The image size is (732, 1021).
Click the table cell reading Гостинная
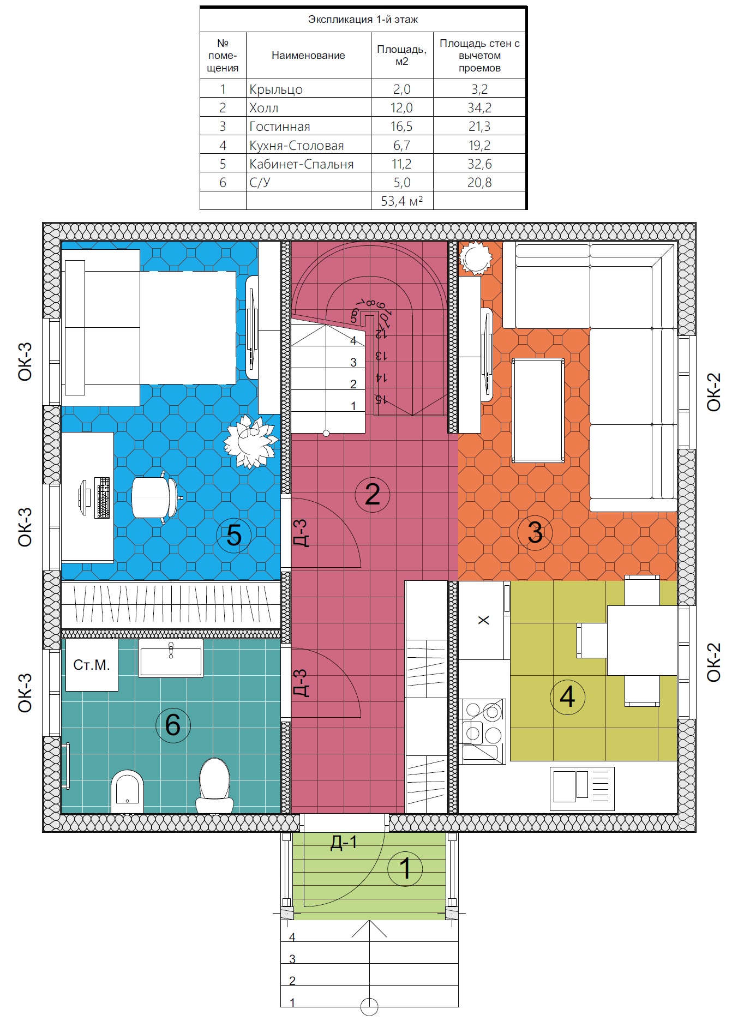click(x=279, y=127)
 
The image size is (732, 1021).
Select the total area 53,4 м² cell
click(x=402, y=201)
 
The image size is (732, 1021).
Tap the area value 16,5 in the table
click(x=401, y=127)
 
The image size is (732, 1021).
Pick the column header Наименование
click(x=308, y=55)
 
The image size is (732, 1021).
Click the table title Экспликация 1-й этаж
click(x=363, y=20)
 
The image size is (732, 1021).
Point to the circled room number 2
click(x=372, y=494)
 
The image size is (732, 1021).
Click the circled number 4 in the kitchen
click(x=567, y=696)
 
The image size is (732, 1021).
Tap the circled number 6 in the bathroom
click(x=173, y=725)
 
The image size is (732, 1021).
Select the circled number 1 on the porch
click(x=405, y=868)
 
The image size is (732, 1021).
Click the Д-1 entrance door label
click(x=344, y=843)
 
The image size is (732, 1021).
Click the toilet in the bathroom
click(x=214, y=785)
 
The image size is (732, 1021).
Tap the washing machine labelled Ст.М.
click(x=92, y=665)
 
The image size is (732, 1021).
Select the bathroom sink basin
click(x=171, y=658)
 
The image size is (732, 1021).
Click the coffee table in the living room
click(x=538, y=410)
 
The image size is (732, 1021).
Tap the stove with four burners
click(x=483, y=731)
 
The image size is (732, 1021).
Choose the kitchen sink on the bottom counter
click(x=582, y=789)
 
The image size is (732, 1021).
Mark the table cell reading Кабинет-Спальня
click(x=301, y=164)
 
